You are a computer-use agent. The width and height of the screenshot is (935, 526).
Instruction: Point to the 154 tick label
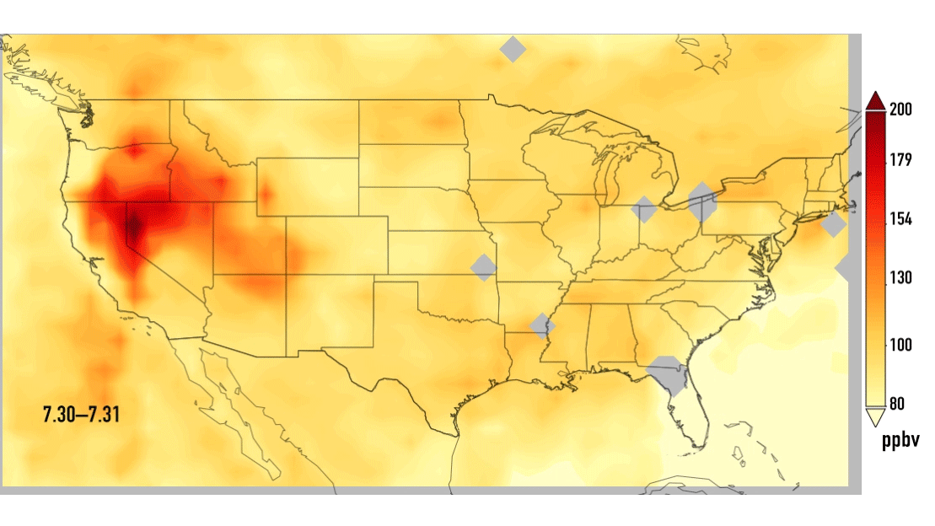[x=902, y=219]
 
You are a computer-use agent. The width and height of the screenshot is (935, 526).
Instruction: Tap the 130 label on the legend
[x=902, y=278]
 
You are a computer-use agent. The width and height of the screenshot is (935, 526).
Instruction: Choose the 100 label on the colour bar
[x=902, y=343]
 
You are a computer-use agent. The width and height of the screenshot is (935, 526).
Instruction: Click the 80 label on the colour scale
[x=897, y=404]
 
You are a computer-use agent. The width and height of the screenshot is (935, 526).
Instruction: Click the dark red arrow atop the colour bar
[x=874, y=100]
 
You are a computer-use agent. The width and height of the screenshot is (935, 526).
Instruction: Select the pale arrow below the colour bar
[x=874, y=416]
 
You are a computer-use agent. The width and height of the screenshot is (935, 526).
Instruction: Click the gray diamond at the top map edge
[x=513, y=49]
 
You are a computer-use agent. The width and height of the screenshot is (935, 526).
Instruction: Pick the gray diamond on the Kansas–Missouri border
[x=484, y=267]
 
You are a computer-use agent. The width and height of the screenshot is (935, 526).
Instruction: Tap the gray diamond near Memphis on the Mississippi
[x=543, y=325]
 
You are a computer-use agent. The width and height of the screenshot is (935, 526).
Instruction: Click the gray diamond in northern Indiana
[x=644, y=209]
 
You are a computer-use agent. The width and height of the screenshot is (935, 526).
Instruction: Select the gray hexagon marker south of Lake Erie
[x=701, y=202]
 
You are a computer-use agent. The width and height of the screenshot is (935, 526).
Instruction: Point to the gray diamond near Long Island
[x=833, y=225]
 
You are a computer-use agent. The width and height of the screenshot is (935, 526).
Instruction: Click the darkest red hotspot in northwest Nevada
[x=133, y=226]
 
